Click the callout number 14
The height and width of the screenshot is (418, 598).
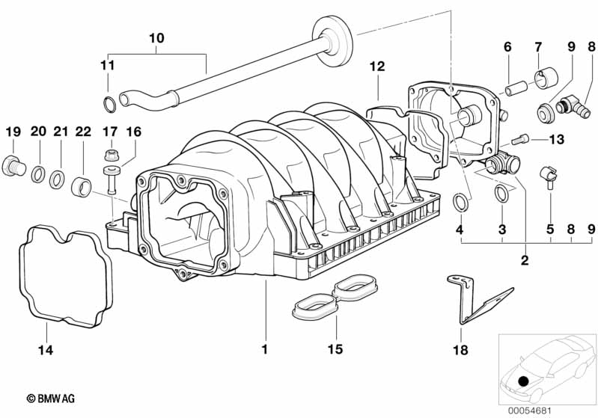click(x=46, y=350)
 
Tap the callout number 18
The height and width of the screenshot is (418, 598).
click(x=460, y=350)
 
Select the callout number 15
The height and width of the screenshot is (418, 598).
click(x=335, y=349)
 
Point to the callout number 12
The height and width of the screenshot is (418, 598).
click(x=377, y=67)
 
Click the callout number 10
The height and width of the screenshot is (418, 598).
click(x=156, y=38)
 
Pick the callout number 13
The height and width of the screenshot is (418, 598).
click(x=556, y=140)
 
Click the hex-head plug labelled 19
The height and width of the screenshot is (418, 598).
click(x=13, y=166)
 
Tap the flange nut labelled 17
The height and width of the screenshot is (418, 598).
click(x=111, y=154)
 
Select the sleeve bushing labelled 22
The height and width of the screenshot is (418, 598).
click(x=82, y=187)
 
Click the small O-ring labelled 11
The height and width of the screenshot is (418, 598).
click(x=109, y=105)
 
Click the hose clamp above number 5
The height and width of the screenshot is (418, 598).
click(x=549, y=176)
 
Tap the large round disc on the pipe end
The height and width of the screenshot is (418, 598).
click(x=332, y=41)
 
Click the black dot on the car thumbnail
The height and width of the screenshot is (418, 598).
click(x=524, y=381)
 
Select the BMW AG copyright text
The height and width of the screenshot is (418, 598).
click(x=51, y=399)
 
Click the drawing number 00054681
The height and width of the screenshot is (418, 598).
click(x=529, y=411)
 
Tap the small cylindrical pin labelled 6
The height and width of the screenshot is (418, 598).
click(x=516, y=88)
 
